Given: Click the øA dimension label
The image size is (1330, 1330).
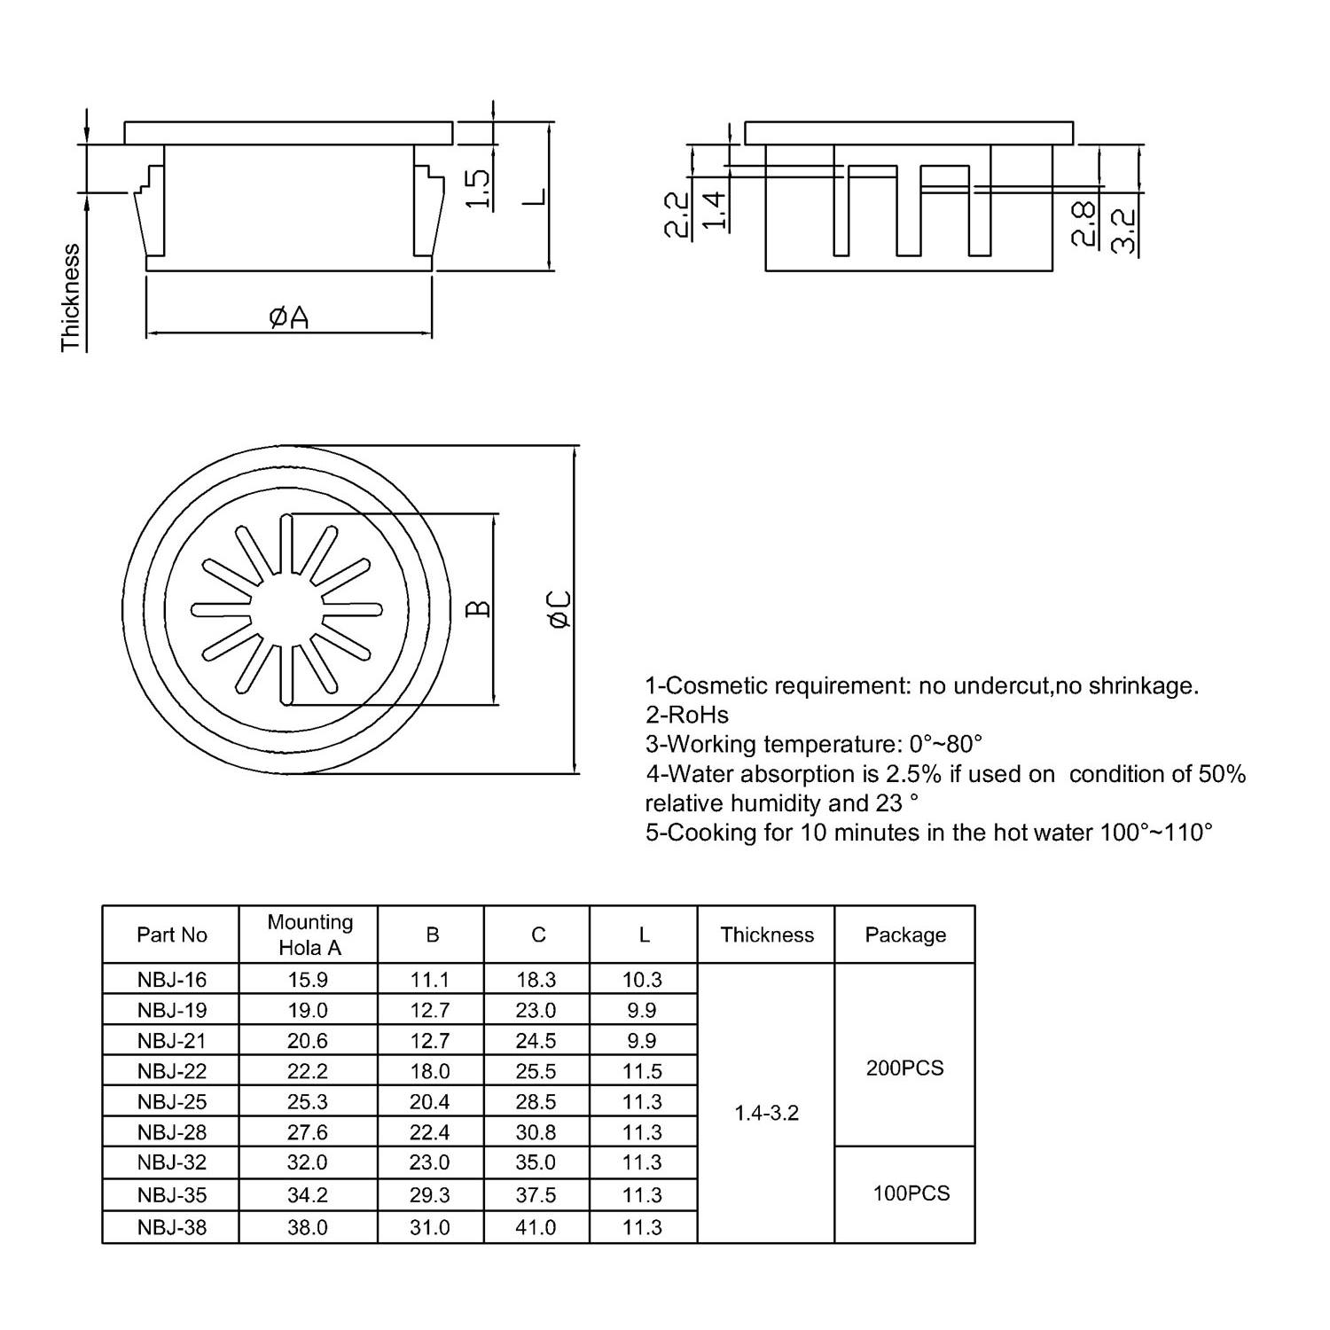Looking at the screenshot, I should click(289, 317).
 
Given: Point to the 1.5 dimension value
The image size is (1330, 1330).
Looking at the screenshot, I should click(477, 188).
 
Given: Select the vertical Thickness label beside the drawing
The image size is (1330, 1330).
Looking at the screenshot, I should click(71, 298).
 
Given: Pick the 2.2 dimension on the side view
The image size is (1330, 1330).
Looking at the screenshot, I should click(677, 215).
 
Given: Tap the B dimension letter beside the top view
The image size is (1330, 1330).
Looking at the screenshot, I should click(478, 608).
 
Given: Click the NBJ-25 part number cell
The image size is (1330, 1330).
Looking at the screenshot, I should click(172, 1101).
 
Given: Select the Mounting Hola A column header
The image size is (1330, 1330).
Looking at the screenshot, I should click(309, 935).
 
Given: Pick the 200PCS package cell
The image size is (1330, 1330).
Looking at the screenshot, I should click(904, 1068).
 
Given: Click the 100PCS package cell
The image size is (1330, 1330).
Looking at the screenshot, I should click(911, 1193).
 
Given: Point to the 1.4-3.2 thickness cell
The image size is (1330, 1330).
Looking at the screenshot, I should click(766, 1113).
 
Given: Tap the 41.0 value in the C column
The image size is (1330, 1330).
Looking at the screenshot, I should click(536, 1227).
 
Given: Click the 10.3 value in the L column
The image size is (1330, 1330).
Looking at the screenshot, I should click(642, 980).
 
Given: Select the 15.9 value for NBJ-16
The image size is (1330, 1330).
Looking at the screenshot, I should click(308, 980).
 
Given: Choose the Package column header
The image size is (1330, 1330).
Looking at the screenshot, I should click(905, 935).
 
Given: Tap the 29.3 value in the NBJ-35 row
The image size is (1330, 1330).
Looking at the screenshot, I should click(430, 1195).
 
